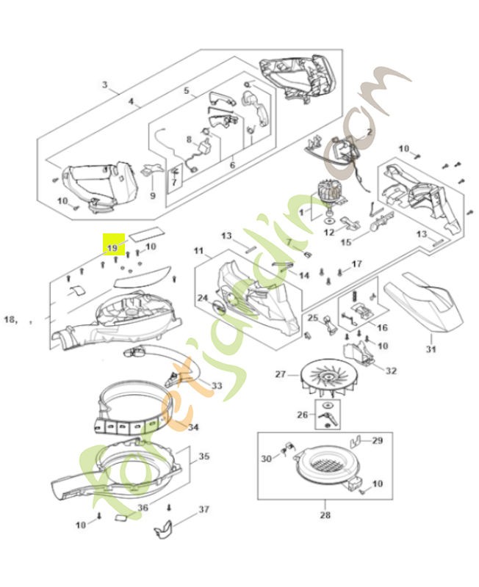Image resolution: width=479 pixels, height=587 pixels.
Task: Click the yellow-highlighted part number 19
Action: pos(112,248)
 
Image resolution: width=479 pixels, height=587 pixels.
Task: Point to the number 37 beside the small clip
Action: pos(205,508)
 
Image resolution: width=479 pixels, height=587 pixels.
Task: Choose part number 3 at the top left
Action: pos(105,86)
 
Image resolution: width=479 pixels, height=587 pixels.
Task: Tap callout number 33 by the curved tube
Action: pos(216,385)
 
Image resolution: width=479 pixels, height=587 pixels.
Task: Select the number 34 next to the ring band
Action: pos(192,427)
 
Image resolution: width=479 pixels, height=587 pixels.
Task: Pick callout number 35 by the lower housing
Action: pos(204,456)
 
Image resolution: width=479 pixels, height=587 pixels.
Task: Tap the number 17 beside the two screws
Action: pos(357,263)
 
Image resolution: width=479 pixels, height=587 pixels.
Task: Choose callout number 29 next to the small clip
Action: pos(377,440)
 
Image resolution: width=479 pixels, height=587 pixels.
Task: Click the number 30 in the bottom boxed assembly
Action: pos(266,458)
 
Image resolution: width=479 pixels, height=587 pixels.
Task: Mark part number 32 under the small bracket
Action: pos(391,371)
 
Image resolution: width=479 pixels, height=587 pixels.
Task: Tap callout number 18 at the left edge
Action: pos(10,319)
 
